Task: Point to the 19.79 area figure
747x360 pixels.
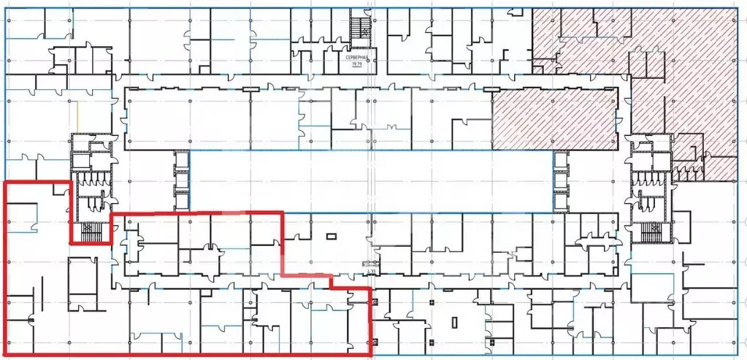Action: [x=358, y=64]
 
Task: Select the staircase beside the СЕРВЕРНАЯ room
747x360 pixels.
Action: [x=359, y=29]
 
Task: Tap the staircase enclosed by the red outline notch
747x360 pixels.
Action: [x=90, y=231]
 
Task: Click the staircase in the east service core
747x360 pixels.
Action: [x=650, y=231]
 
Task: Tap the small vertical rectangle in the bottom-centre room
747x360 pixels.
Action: [x=453, y=321]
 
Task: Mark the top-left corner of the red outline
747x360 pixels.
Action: [x=6, y=181]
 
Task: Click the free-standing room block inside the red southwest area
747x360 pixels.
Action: [x=83, y=285]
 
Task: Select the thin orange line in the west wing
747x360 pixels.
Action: [x=77, y=117]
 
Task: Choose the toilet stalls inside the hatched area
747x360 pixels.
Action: [x=686, y=174]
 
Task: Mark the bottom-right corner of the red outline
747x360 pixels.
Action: [x=371, y=355]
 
